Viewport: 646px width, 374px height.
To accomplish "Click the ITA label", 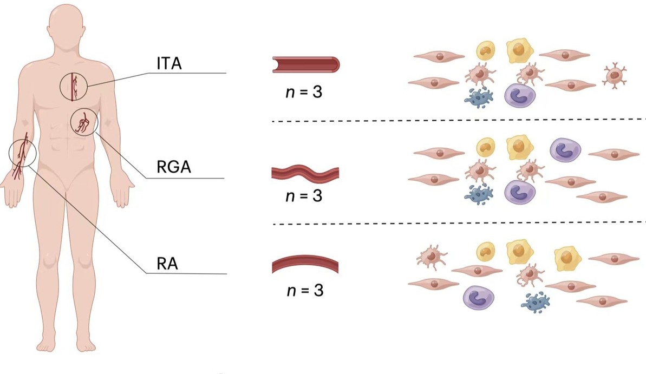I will (169, 63).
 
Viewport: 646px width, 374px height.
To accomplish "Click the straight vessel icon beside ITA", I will (305, 65).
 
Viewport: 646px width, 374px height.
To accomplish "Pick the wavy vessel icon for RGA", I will (305, 173).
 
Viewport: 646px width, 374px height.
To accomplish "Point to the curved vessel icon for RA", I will (305, 265).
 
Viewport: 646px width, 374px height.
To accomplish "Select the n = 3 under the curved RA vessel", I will (304, 291).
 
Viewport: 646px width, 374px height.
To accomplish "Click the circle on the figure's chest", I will (74, 87).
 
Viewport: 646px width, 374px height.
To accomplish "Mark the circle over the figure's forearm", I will (22, 153).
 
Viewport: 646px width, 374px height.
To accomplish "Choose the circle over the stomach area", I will (84, 122).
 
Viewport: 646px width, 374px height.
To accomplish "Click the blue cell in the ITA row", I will (479, 97).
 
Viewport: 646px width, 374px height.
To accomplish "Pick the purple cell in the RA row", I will (478, 297).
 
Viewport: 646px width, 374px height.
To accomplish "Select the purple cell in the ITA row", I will (520, 95).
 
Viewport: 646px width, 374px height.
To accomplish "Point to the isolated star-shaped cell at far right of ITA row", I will (615, 76).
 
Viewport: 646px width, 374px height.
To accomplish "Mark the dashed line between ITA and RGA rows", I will (458, 120).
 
